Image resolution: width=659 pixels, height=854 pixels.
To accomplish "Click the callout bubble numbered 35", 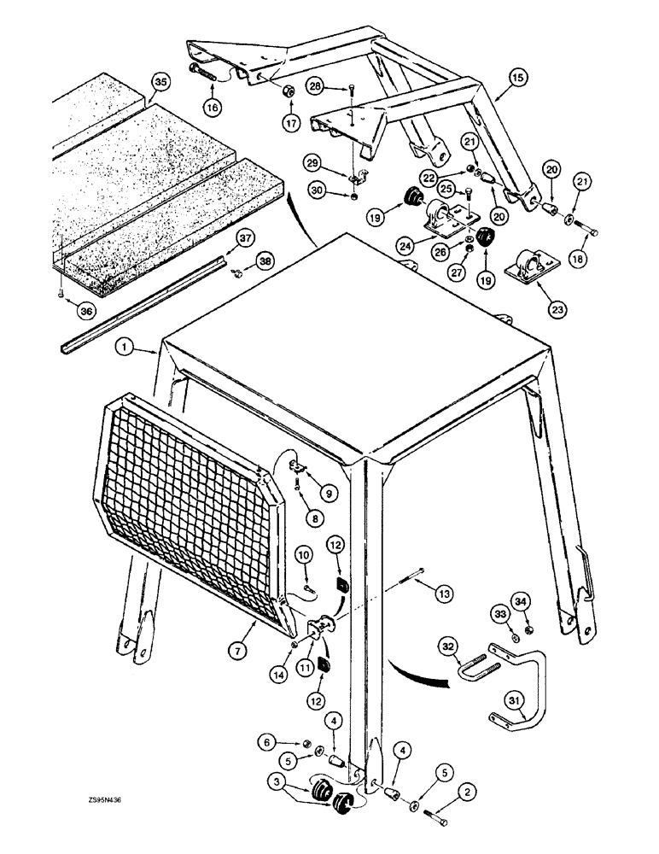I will click(159, 83).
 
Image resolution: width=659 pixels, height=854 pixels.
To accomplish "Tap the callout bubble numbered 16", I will click(211, 105).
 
